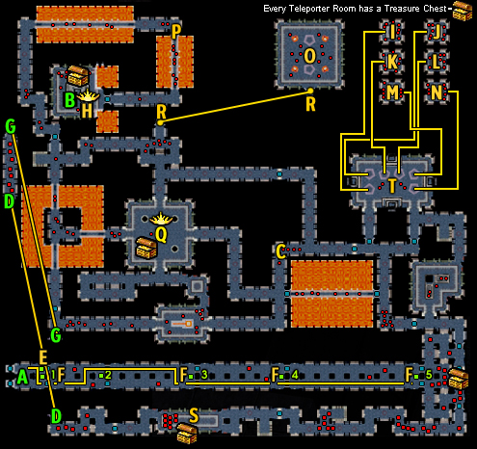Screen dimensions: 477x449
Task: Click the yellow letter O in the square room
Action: pyautogui.click(x=309, y=56)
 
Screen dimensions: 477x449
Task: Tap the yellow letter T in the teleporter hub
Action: pyautogui.click(x=392, y=186)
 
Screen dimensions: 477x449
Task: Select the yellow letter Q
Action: pyautogui.click(x=161, y=234)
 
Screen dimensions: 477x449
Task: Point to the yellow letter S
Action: pyautogui.click(x=194, y=415)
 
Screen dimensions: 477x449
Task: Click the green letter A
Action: pyautogui.click(x=22, y=377)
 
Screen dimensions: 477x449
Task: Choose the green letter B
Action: pyautogui.click(x=70, y=100)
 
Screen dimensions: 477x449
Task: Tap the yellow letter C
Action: pyautogui.click(x=280, y=251)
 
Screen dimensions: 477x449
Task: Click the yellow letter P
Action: pyautogui.click(x=176, y=32)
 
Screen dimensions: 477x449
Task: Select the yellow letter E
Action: pyautogui.click(x=43, y=357)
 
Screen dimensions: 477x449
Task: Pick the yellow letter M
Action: pyautogui.click(x=392, y=92)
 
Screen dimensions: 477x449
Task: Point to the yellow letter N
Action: pyautogui.click(x=437, y=92)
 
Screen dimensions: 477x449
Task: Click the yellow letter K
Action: pyautogui.click(x=392, y=62)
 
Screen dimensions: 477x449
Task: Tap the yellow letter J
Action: pyautogui.click(x=437, y=32)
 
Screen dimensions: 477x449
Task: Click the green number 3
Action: pyautogui.click(x=204, y=375)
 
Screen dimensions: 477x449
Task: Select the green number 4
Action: pyautogui.click(x=295, y=375)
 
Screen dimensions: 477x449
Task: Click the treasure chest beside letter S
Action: pyautogui.click(x=187, y=434)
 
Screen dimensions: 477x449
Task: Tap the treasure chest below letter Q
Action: pyautogui.click(x=146, y=248)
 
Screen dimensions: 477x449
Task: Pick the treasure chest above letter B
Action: pyautogui.click(x=78, y=76)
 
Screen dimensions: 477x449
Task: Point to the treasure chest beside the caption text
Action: pyautogui.click(x=463, y=11)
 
